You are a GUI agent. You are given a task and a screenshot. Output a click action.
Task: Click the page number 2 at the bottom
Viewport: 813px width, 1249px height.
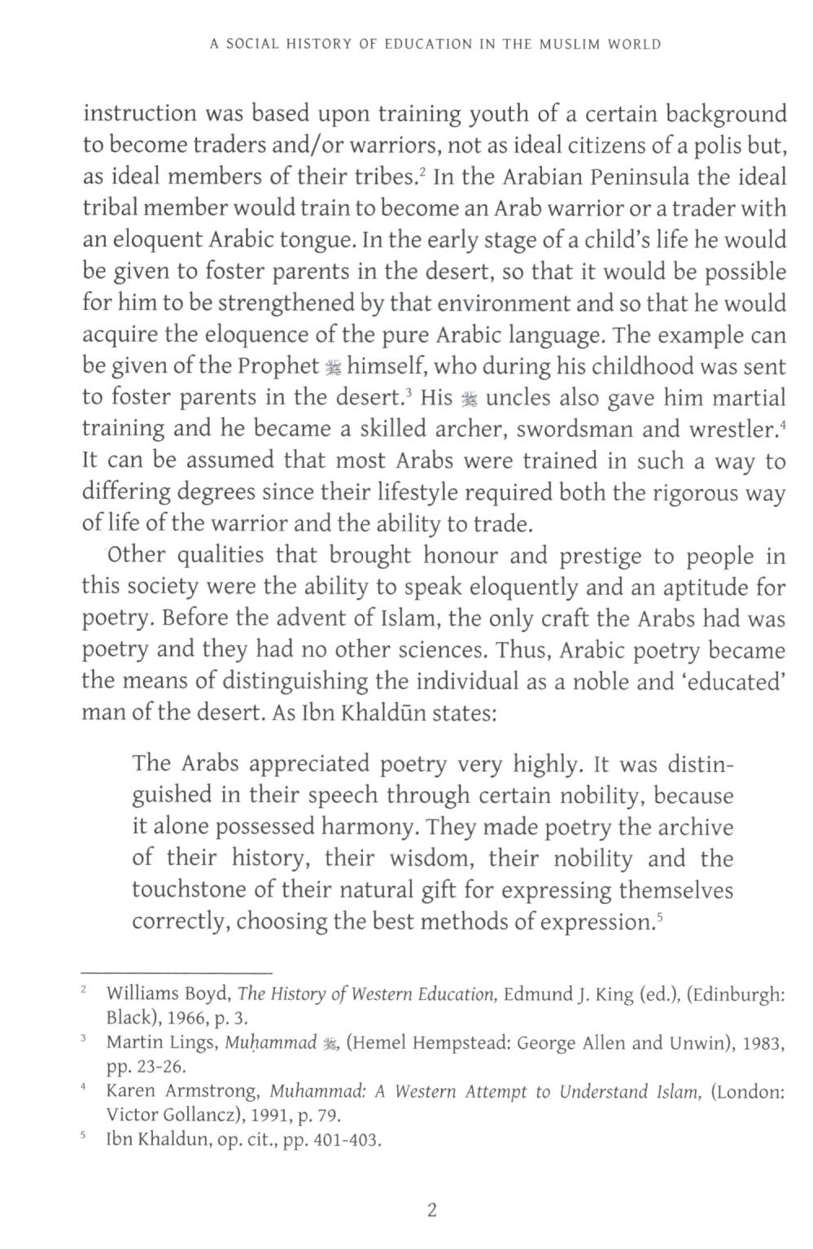[431, 1210]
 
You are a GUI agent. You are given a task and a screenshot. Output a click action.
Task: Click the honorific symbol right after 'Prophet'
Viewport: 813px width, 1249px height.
[333, 367]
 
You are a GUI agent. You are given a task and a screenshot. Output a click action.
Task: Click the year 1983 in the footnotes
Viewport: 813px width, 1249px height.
[762, 1043]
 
